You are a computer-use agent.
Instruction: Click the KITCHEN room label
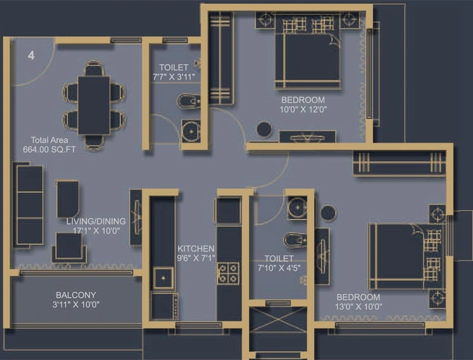(196, 248)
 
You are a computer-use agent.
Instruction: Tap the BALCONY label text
(76, 295)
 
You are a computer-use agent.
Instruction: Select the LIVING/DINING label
(96, 221)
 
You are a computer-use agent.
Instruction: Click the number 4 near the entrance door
(31, 55)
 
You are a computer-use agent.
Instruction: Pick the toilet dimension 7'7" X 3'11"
(174, 77)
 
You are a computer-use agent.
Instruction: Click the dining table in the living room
(94, 105)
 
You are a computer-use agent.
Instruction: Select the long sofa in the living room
(29, 205)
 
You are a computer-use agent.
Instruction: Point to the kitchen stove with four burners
(228, 273)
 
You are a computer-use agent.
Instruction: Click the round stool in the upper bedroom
(264, 130)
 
